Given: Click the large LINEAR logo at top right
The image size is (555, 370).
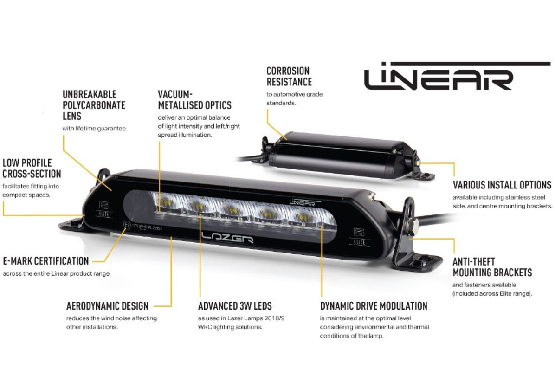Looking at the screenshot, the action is point(457,76).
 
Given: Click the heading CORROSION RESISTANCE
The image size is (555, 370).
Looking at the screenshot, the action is point(289,76).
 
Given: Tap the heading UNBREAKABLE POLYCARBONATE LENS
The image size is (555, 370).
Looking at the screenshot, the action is point(94,105).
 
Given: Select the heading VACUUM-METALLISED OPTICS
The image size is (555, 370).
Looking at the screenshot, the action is point(194,100).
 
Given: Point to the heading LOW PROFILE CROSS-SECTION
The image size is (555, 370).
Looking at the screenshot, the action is point(32,168).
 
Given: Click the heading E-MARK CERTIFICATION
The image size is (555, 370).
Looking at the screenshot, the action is point(46,261).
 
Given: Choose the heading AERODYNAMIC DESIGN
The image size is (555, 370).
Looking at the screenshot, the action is point(107,306).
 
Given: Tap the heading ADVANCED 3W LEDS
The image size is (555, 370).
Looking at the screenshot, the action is point(235,306).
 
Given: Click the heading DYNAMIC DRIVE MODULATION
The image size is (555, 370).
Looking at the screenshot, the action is point(374,306).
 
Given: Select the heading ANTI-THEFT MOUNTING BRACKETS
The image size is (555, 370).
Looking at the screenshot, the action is point(492,267).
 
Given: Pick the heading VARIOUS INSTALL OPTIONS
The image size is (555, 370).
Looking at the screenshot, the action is point(502,185).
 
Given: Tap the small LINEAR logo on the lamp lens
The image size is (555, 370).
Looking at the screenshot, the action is point(303,202).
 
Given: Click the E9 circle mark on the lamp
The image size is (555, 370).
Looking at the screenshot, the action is point(126,225).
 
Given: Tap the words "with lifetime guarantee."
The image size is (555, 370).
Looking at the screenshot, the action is point(95,128).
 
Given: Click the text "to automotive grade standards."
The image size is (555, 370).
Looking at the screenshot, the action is point(295,98).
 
